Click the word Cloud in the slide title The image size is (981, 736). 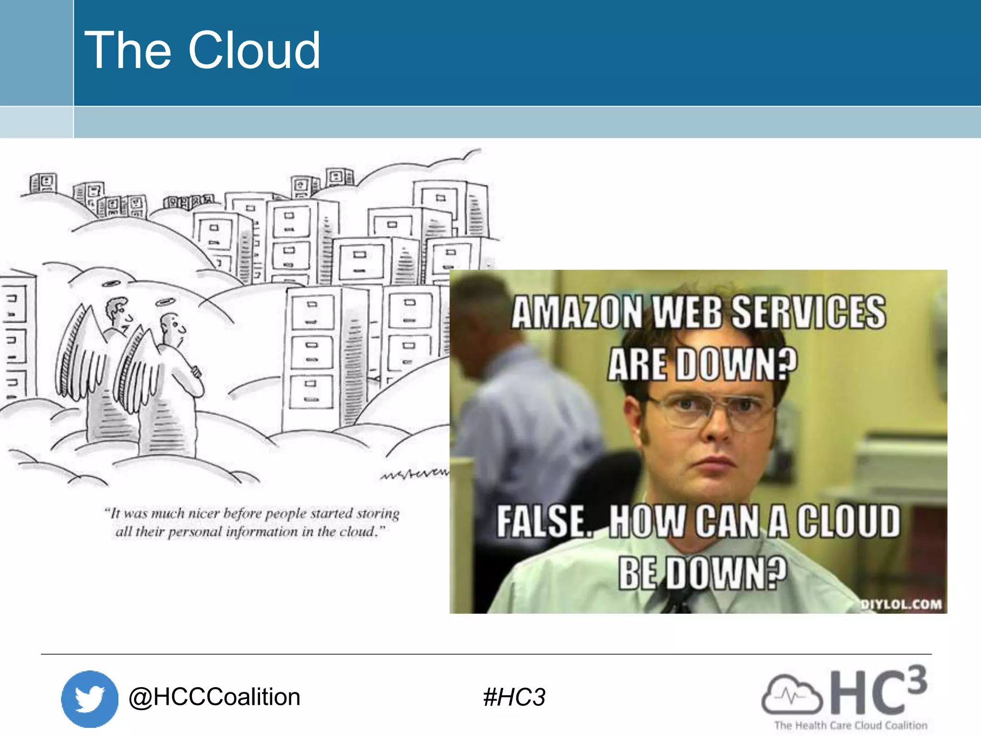(254, 50)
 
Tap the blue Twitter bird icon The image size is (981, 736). (90, 699)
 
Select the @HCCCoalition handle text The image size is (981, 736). (214, 697)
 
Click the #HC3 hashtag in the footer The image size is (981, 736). (514, 697)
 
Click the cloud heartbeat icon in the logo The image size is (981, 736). (791, 694)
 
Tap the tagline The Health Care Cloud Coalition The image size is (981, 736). (851, 725)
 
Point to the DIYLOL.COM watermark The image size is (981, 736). (901, 604)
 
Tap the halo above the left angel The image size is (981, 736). (112, 284)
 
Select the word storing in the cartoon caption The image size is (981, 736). (378, 514)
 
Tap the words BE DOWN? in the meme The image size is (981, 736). (702, 573)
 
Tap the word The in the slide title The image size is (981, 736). (127, 50)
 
